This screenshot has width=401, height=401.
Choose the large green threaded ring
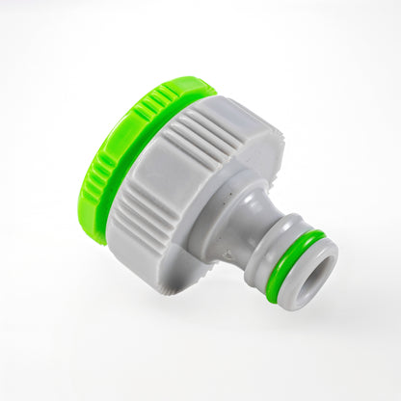pos(106,154)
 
